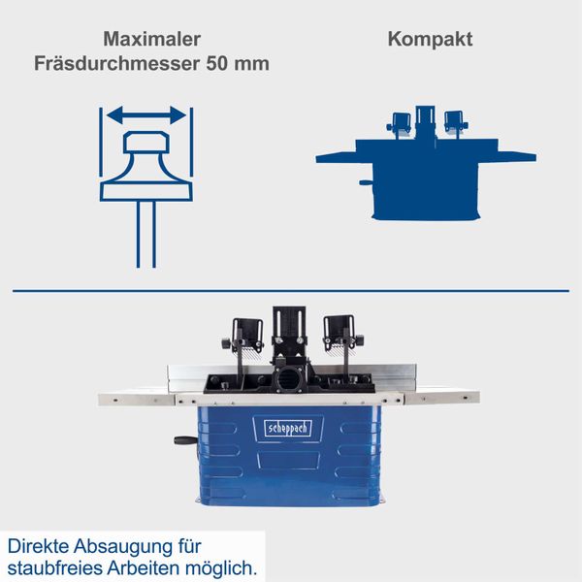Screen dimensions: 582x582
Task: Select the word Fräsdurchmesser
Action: coord(117,65)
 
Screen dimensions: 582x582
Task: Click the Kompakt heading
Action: coord(430,40)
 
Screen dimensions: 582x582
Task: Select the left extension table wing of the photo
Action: coord(136,398)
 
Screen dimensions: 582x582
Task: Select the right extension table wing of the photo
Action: coord(441,396)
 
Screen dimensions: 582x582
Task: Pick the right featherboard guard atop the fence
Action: coord(339,334)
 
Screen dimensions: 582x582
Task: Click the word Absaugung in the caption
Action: coord(124,544)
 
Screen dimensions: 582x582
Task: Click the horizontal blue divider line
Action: coord(291,290)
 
